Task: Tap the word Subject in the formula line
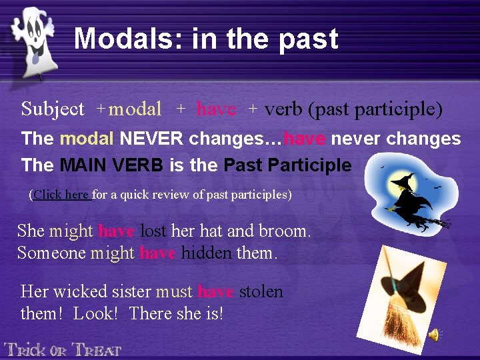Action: tap(53, 109)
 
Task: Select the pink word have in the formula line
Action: tap(216, 109)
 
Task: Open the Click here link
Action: tap(61, 195)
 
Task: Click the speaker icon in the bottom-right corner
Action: tap(434, 335)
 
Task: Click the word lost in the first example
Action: tap(154, 231)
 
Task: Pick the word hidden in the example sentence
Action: tap(207, 253)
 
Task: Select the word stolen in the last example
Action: tap(261, 292)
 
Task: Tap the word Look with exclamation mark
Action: tap(95, 313)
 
